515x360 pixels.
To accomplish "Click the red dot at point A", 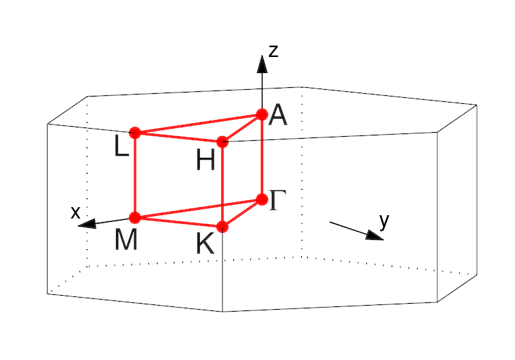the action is [x=262, y=115].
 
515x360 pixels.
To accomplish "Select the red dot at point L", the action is [x=135, y=132].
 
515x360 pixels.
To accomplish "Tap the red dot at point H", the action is [x=223, y=141].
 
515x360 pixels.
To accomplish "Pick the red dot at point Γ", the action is [x=262, y=199].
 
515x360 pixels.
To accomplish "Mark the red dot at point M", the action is [x=135, y=217].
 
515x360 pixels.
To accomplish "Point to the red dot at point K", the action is [x=223, y=227].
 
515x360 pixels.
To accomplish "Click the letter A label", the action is [x=278, y=117].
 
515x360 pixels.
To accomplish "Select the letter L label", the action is [x=121, y=147].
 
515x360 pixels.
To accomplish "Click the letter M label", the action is [x=126, y=239].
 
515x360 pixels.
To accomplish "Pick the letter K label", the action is [x=205, y=244].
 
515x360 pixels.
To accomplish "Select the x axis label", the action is [x=76, y=213].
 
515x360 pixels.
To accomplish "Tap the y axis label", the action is [x=384, y=221].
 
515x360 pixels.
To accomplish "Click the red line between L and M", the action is [x=135, y=174].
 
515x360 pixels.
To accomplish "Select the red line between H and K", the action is [x=223, y=184].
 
